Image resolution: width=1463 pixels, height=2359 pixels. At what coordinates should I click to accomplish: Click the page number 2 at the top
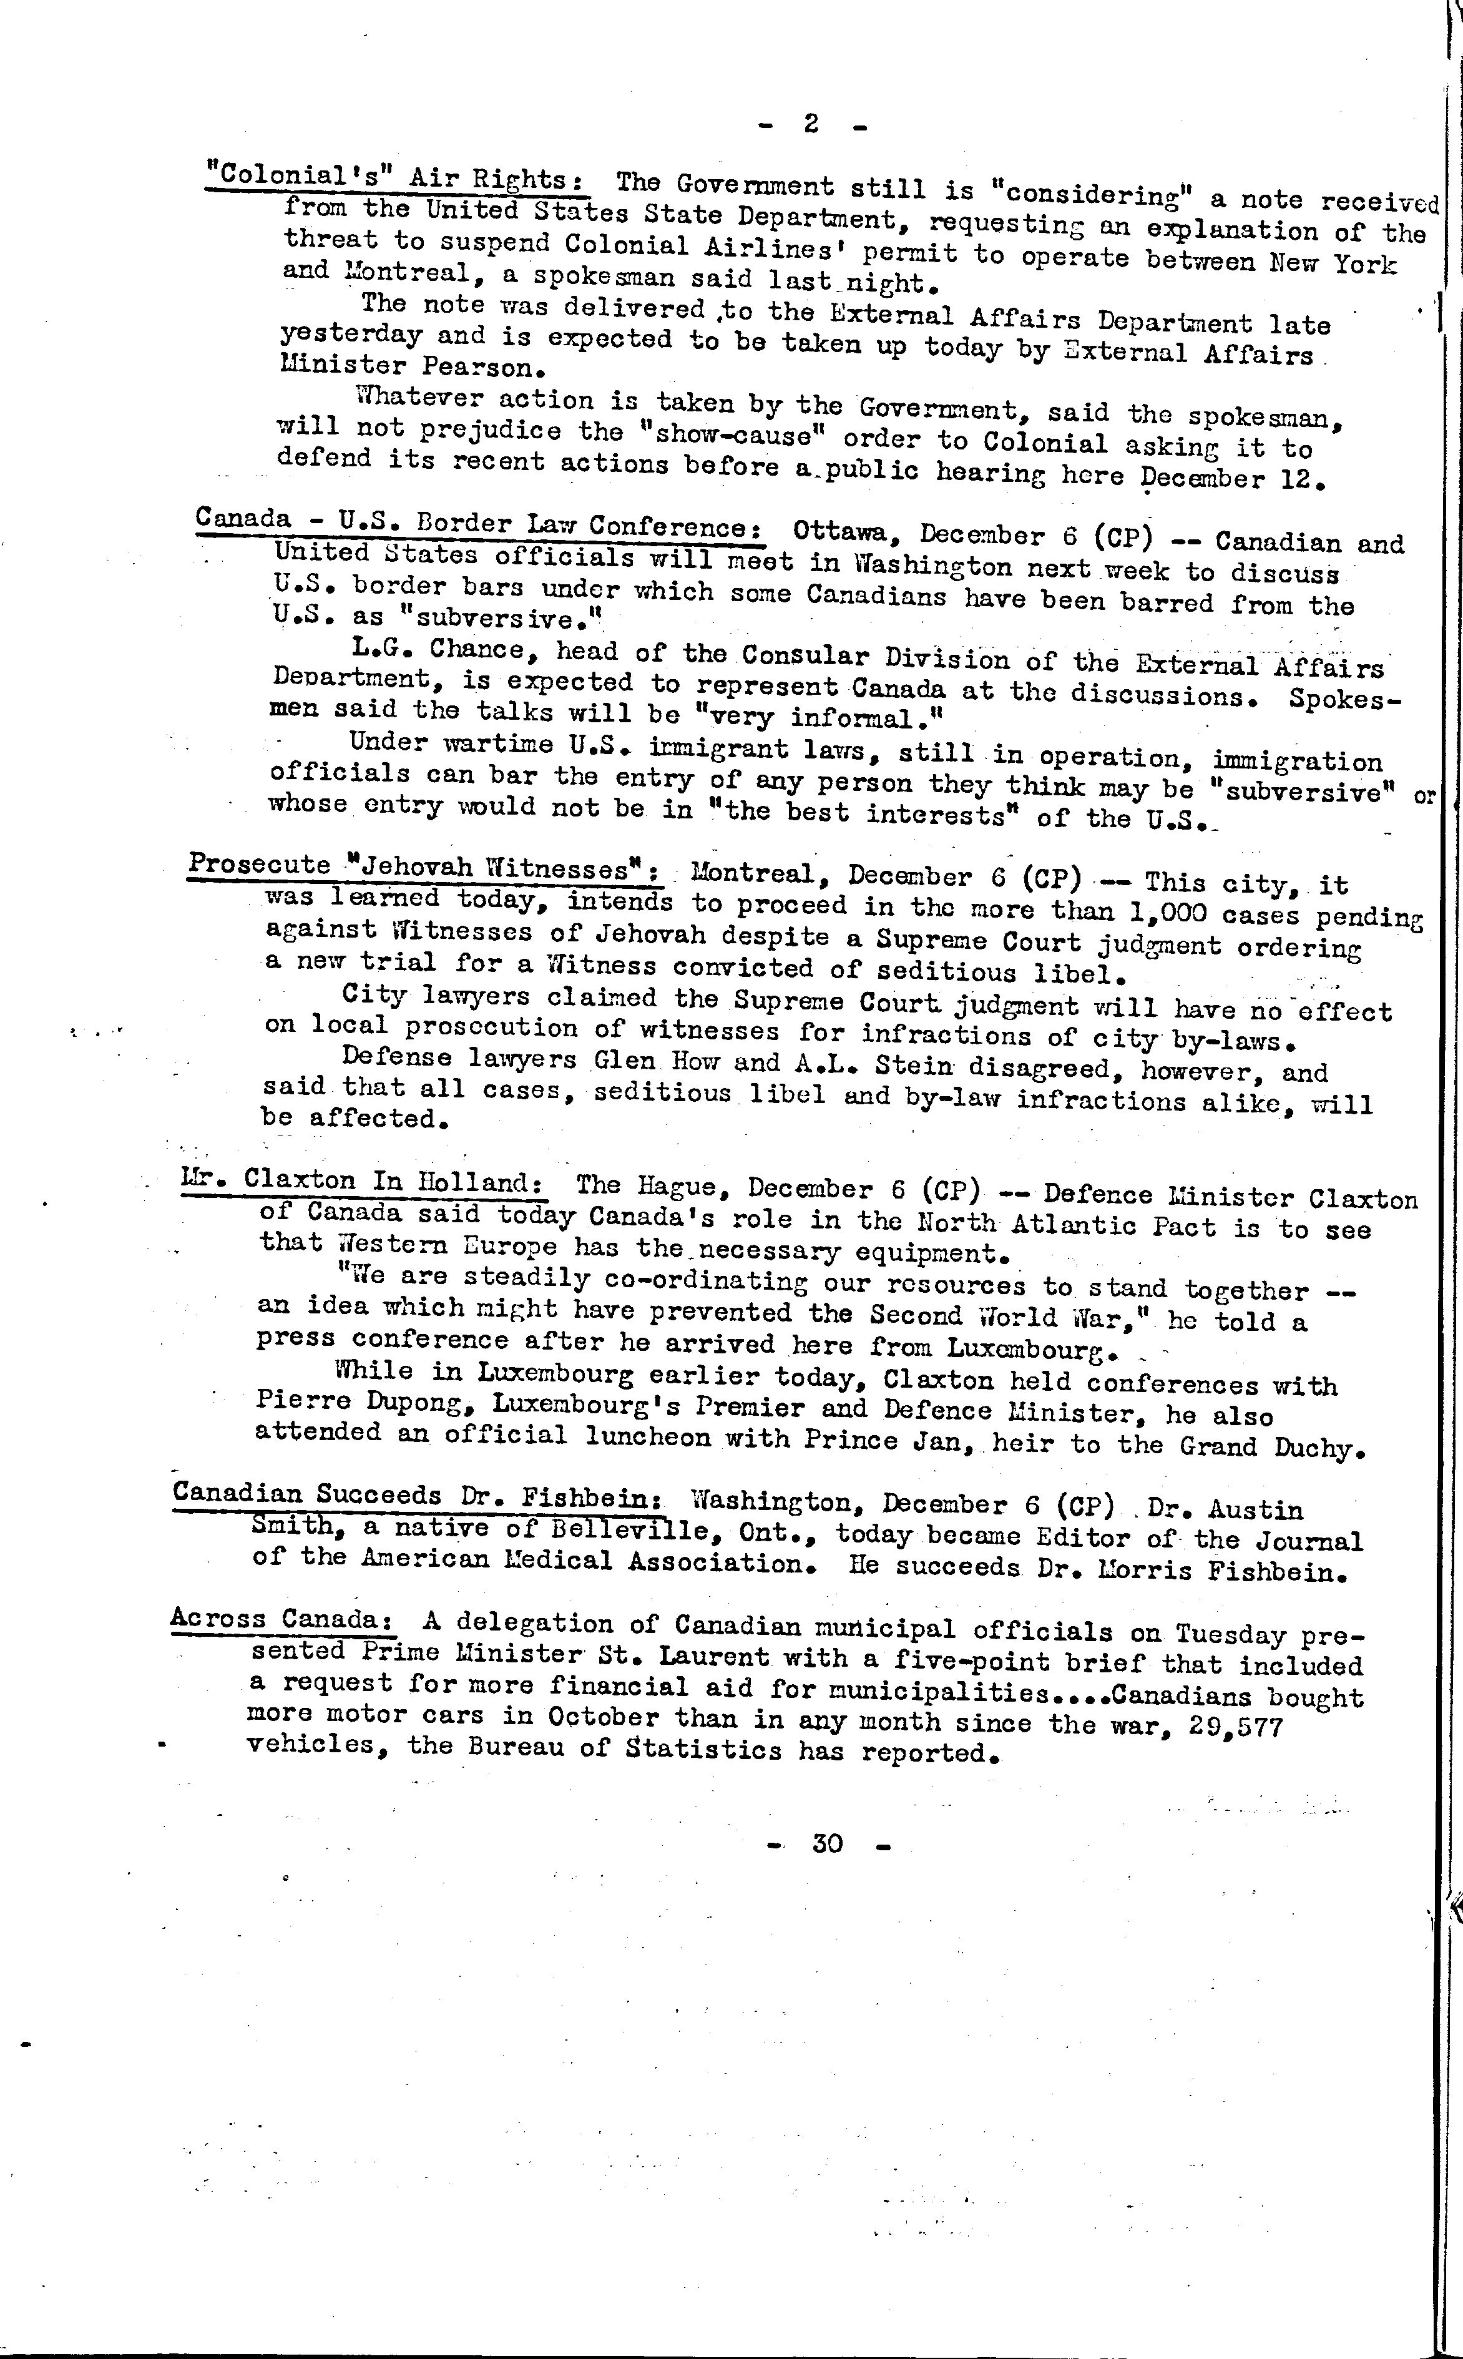(x=811, y=123)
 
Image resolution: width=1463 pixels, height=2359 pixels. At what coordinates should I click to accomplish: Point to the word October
(x=604, y=1719)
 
